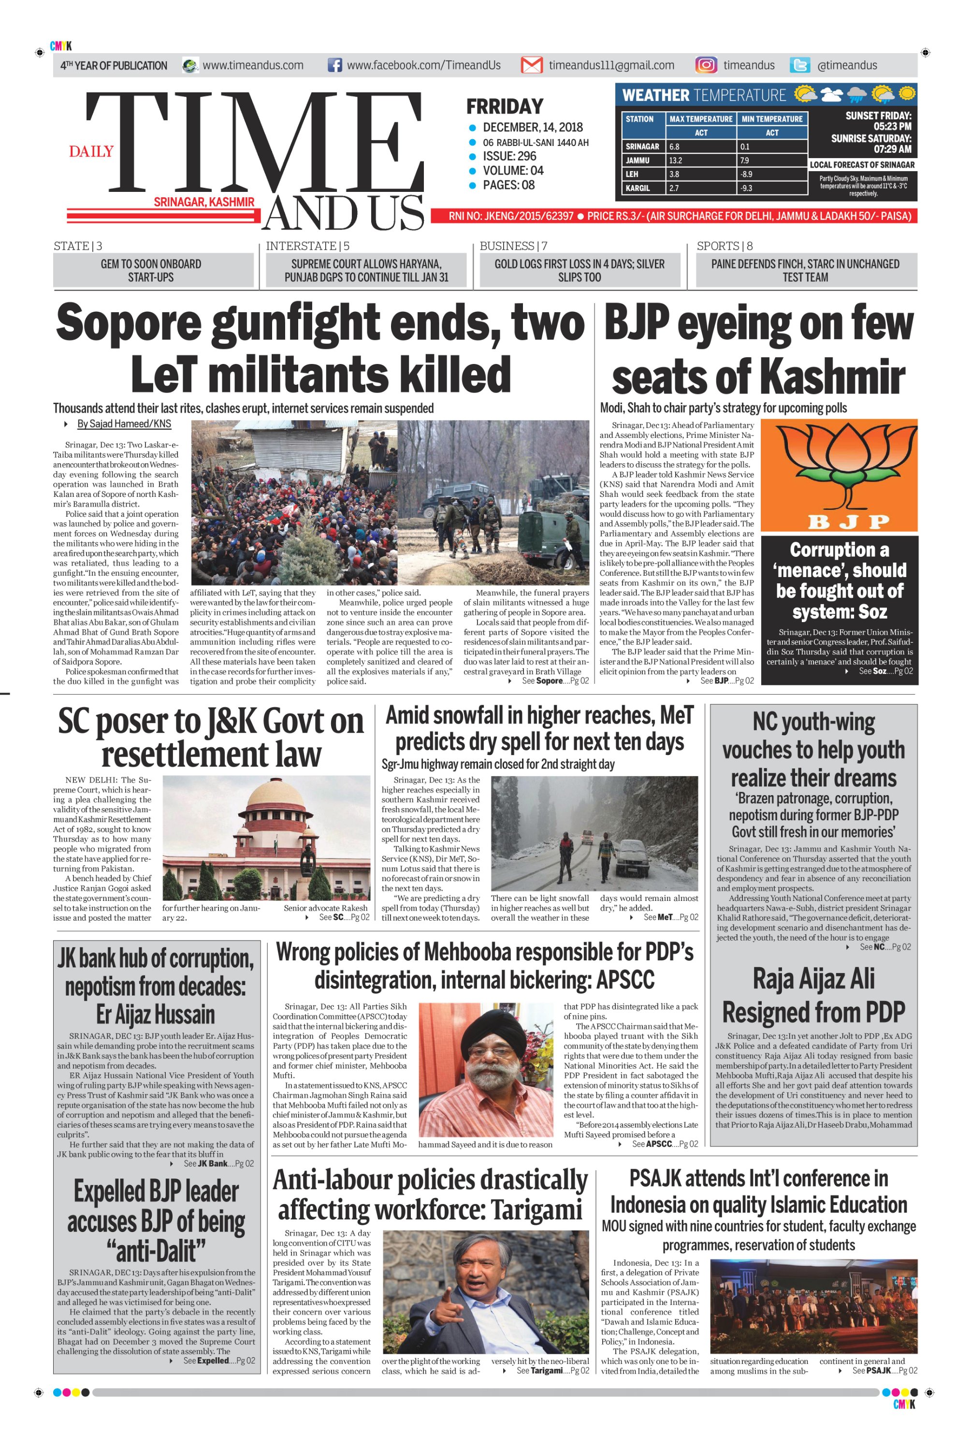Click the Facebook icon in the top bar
click(334, 65)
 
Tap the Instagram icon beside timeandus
click(706, 65)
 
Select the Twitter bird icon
click(800, 65)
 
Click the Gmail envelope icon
click(531, 65)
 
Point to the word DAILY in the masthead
click(91, 152)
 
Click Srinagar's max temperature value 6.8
click(675, 147)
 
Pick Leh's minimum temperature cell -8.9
click(747, 174)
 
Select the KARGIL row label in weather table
click(638, 188)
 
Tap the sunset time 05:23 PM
click(892, 126)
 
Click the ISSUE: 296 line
click(509, 156)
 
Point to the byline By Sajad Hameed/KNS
click(124, 424)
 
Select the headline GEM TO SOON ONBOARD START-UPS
click(151, 271)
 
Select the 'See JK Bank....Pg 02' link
click(218, 1163)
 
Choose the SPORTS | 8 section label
click(725, 246)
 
